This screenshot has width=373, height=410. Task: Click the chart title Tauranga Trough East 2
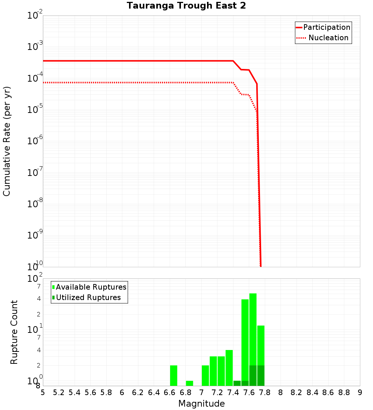pyautogui.click(x=186, y=6)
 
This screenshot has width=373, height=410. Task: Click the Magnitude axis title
pyautogui.click(x=201, y=404)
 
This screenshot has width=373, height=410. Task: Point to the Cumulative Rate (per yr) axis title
pyautogui.click(x=7, y=141)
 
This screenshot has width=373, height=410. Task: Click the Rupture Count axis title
pyautogui.click(x=14, y=332)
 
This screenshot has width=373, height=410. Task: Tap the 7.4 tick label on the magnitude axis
pyautogui.click(x=233, y=392)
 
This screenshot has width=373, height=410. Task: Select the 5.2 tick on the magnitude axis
pyautogui.click(x=59, y=392)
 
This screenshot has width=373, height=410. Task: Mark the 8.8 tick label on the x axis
pyautogui.click(x=344, y=392)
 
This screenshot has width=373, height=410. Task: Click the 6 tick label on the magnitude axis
pyautogui.click(x=122, y=392)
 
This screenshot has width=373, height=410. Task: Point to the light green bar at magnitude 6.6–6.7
pyautogui.click(x=173, y=375)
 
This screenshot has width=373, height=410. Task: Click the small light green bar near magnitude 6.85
pyautogui.click(x=189, y=383)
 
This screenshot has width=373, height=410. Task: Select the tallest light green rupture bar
pyautogui.click(x=253, y=328)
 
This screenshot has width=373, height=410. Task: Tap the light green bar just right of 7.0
pyautogui.click(x=205, y=375)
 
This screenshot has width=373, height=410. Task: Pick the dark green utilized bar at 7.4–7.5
pyautogui.click(x=237, y=383)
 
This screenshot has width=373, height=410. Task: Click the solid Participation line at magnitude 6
pyautogui.click(x=122, y=61)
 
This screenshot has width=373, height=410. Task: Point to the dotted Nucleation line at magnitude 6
pyautogui.click(x=122, y=82)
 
